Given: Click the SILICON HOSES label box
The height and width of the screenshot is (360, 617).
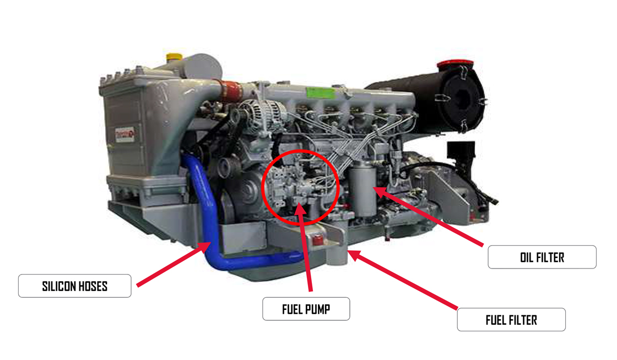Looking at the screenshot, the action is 75,286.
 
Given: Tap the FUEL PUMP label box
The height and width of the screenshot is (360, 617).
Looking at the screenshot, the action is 306,309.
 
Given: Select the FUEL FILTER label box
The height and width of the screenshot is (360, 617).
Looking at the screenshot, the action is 511,320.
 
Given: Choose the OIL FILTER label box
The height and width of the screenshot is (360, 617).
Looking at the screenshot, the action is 542,257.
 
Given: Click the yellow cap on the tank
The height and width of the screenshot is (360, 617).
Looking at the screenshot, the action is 174,57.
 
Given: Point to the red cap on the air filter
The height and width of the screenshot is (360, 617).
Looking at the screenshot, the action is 455,65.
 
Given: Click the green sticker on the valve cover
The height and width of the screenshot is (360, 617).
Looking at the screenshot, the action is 321,93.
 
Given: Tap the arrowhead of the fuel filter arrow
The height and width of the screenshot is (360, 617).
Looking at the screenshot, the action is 355,255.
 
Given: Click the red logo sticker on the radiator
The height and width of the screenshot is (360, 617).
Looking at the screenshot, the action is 125,135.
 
